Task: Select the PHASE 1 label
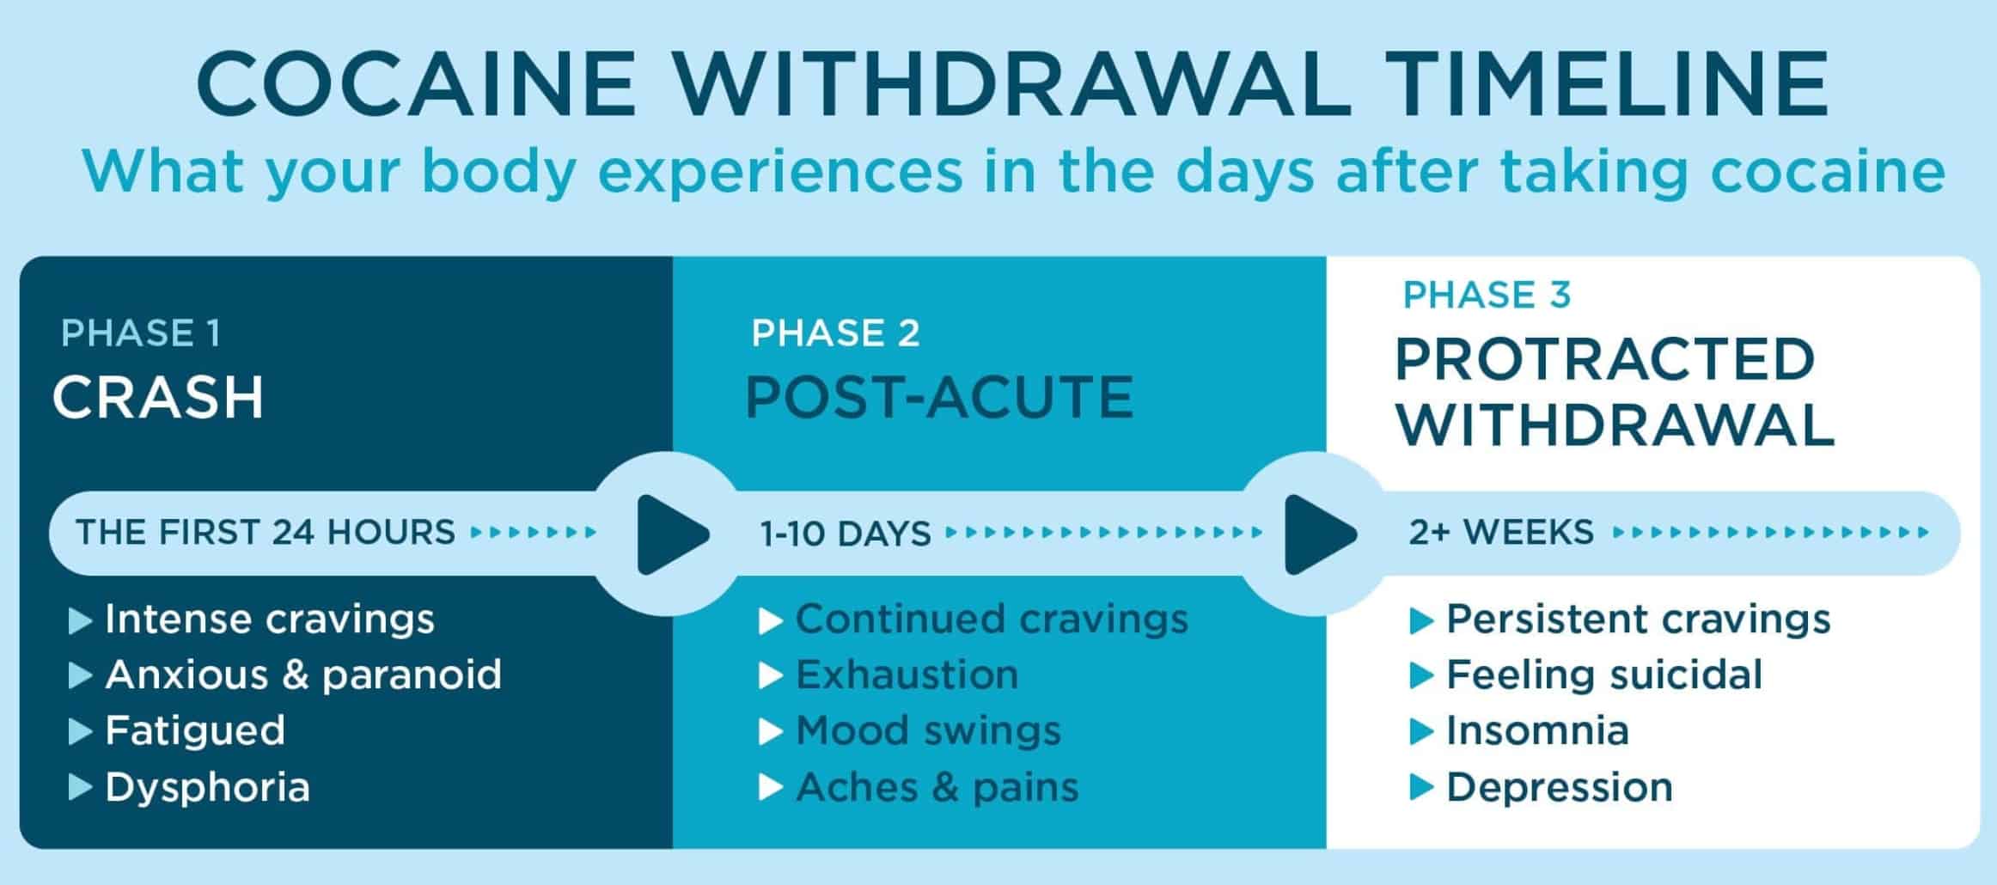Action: click(x=141, y=333)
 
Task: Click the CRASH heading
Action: click(x=158, y=397)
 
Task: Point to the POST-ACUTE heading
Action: click(x=939, y=397)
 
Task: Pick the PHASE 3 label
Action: click(x=1487, y=295)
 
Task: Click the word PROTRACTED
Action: click(x=1604, y=359)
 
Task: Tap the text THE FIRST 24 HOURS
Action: click(x=266, y=532)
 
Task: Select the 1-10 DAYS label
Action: click(x=846, y=534)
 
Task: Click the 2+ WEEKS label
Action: click(x=1501, y=532)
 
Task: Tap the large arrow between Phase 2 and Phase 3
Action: click(x=1318, y=534)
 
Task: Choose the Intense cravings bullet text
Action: click(x=270, y=619)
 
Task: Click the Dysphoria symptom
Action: click(x=207, y=787)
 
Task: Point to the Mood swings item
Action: click(x=928, y=730)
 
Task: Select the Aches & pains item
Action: click(x=937, y=787)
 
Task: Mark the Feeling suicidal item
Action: click(x=1604, y=674)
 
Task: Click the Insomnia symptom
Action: click(x=1537, y=730)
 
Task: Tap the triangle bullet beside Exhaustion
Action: click(x=771, y=676)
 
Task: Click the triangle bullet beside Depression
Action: click(x=1422, y=788)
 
